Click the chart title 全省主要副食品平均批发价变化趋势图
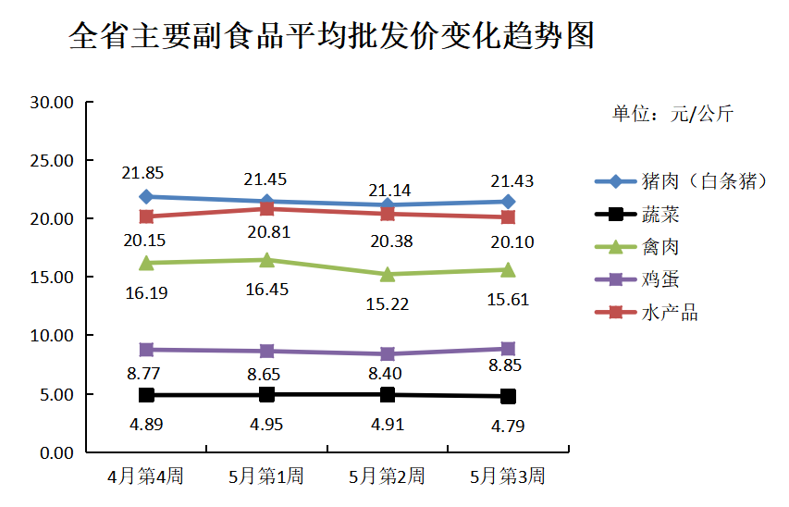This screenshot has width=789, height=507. tap(331, 37)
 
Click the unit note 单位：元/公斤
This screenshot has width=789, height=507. tap(672, 115)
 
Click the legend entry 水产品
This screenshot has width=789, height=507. tap(669, 313)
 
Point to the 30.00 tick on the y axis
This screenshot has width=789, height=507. tap(52, 102)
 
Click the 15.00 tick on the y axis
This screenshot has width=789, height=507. tap(52, 278)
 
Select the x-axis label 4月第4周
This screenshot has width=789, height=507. tap(145, 477)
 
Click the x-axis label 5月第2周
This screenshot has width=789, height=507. tap(387, 477)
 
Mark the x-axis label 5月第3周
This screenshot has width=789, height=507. tap(508, 477)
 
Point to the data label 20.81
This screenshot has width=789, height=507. tap(266, 232)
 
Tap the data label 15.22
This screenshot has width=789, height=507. tap(387, 303)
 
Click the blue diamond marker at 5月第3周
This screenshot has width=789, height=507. tap(508, 202)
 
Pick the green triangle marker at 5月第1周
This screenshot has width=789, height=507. tap(266, 260)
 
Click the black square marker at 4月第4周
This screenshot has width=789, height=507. tap(146, 395)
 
